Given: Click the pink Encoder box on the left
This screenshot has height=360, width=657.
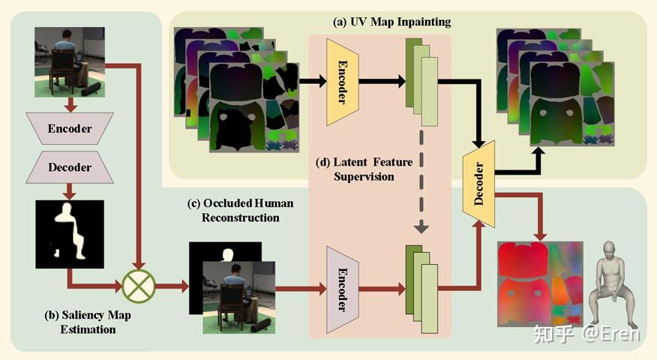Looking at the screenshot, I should pos(69,128).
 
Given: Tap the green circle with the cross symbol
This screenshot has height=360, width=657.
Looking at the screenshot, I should pos(139,285).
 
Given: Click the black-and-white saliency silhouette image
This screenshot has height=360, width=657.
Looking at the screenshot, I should pos(70,234).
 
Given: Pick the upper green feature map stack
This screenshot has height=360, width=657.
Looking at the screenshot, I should pos(421,82).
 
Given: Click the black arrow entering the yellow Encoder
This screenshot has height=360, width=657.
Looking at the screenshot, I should pos(310,80).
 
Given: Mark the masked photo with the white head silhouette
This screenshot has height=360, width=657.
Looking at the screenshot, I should pos(232,287).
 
